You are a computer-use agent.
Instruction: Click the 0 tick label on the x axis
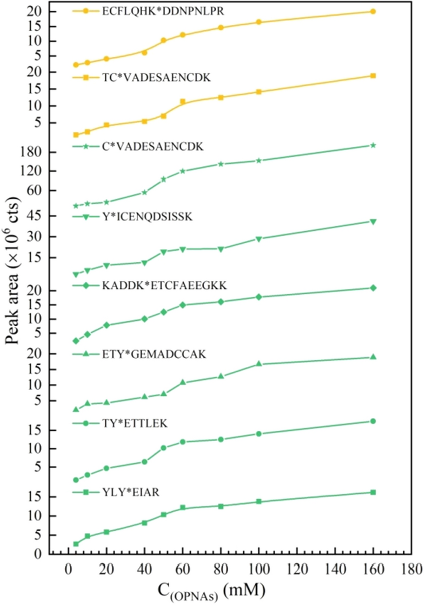pos(68,568)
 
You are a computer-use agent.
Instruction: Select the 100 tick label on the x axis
pos(259,568)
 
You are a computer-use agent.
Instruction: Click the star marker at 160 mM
pos(373,145)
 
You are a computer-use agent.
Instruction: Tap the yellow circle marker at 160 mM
pos(373,11)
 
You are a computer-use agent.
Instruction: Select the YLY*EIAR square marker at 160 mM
pos(373,492)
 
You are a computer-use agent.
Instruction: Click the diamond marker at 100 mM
pos(259,297)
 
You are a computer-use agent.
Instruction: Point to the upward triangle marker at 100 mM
pos(259,364)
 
